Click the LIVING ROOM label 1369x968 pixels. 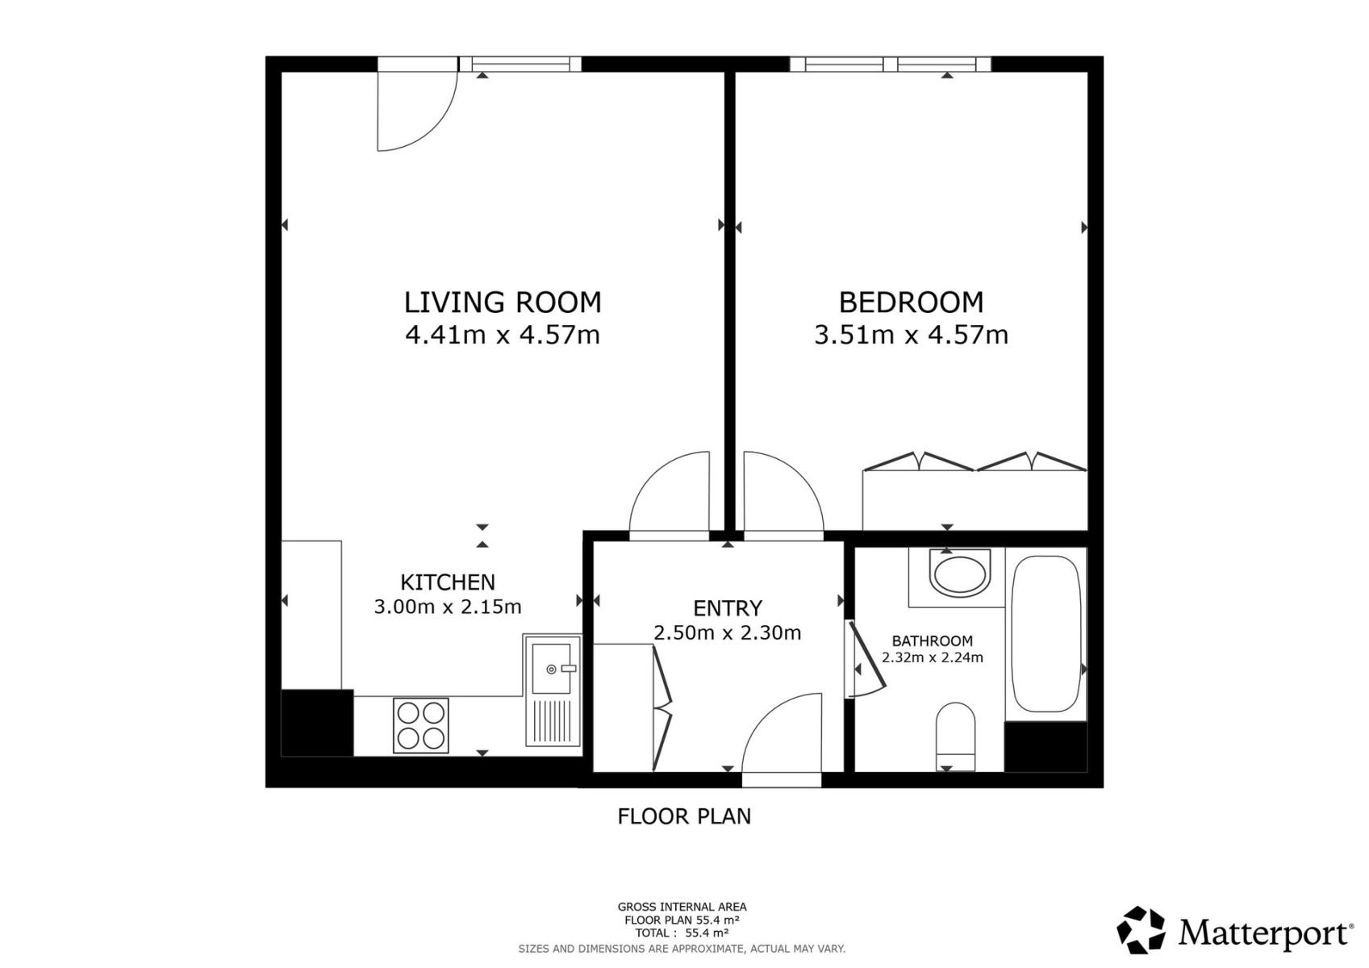(x=503, y=302)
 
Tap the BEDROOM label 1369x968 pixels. (x=911, y=302)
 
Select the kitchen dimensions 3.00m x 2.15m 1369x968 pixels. (x=448, y=607)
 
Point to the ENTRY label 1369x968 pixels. (x=728, y=608)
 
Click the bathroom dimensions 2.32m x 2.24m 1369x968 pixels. (x=932, y=657)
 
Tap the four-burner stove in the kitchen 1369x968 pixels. (x=420, y=725)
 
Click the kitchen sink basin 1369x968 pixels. (x=551, y=669)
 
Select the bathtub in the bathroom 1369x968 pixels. (x=1046, y=634)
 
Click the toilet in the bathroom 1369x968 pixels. (x=956, y=736)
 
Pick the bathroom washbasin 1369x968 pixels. (x=959, y=574)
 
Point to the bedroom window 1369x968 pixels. (x=890, y=65)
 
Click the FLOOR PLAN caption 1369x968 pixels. (x=684, y=816)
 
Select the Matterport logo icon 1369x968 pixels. (x=1141, y=929)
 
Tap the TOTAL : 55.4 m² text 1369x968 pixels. (x=682, y=933)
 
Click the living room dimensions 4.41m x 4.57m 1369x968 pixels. (x=503, y=335)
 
